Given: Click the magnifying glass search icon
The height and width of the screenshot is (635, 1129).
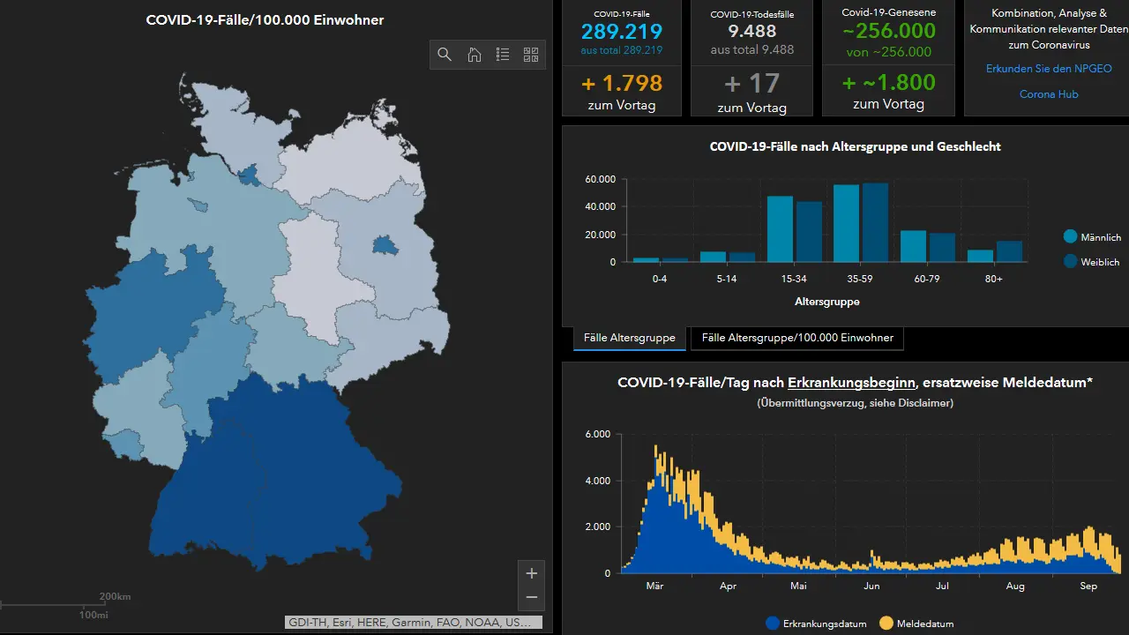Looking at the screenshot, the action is click(x=444, y=55).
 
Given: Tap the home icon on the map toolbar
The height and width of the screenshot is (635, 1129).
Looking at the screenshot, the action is click(x=474, y=55).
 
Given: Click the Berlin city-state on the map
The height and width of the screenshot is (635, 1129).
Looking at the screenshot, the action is click(x=385, y=245).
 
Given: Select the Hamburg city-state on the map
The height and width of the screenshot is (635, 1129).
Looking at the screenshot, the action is click(x=249, y=175).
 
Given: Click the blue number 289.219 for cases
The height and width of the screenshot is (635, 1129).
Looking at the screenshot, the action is click(x=622, y=31).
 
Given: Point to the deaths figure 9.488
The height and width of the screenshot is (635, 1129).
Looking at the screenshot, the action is click(x=752, y=31).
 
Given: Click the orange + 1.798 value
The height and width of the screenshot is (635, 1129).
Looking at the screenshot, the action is click(x=622, y=83).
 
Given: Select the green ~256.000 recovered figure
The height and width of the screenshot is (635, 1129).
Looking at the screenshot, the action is click(x=889, y=31).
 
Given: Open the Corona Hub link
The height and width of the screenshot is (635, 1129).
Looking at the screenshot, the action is click(x=1049, y=94).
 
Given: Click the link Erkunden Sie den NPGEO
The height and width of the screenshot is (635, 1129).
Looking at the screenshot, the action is click(x=1049, y=69).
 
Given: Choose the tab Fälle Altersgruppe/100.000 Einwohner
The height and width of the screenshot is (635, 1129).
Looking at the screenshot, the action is click(x=797, y=338).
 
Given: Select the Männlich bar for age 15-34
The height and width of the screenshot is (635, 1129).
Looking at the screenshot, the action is click(x=780, y=228).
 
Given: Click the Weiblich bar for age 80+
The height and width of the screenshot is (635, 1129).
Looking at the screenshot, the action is click(x=1010, y=251).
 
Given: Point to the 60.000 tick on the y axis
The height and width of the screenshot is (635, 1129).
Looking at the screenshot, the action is click(x=601, y=179).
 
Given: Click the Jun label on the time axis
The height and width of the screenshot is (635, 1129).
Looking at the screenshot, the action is click(x=871, y=586).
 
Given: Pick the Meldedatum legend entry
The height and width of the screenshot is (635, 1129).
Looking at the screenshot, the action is click(x=916, y=624).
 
